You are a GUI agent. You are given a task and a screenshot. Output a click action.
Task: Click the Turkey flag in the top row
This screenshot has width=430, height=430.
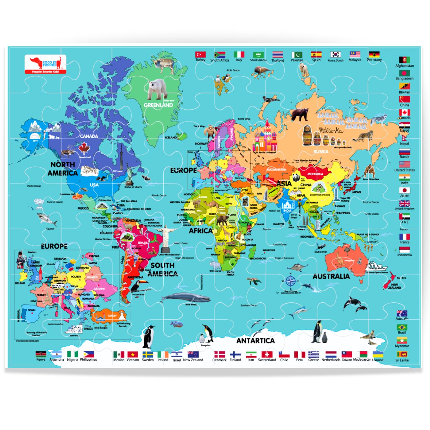(x=200, y=54)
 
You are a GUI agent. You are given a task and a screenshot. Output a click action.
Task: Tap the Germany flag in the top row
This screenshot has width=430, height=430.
(x=374, y=54)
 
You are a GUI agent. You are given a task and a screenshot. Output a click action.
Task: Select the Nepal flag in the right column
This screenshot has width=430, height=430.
(x=404, y=137)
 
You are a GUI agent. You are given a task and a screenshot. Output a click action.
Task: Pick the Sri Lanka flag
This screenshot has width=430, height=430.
(x=402, y=354)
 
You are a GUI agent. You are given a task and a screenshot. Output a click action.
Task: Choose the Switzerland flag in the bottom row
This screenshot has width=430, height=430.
(x=267, y=354)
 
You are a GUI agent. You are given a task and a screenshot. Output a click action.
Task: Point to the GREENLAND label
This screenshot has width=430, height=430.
(x=158, y=105)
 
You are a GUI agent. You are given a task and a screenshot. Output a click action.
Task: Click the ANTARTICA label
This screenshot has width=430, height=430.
(x=255, y=341)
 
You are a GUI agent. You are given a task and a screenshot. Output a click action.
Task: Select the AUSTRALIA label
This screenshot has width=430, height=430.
(x=331, y=276)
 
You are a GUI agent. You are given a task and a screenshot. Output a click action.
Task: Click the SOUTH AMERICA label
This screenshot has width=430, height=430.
(x=163, y=269)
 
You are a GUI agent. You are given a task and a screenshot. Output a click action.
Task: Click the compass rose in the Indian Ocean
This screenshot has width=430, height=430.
(x=290, y=281)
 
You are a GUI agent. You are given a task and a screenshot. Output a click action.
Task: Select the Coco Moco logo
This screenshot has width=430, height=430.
(x=45, y=64)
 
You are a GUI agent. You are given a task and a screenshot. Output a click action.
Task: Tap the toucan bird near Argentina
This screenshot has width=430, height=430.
(x=138, y=285)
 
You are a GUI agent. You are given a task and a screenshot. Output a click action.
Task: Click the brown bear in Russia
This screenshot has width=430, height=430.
(x=300, y=114)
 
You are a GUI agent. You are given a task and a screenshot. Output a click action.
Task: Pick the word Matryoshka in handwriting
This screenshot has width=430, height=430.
(x=331, y=131)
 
